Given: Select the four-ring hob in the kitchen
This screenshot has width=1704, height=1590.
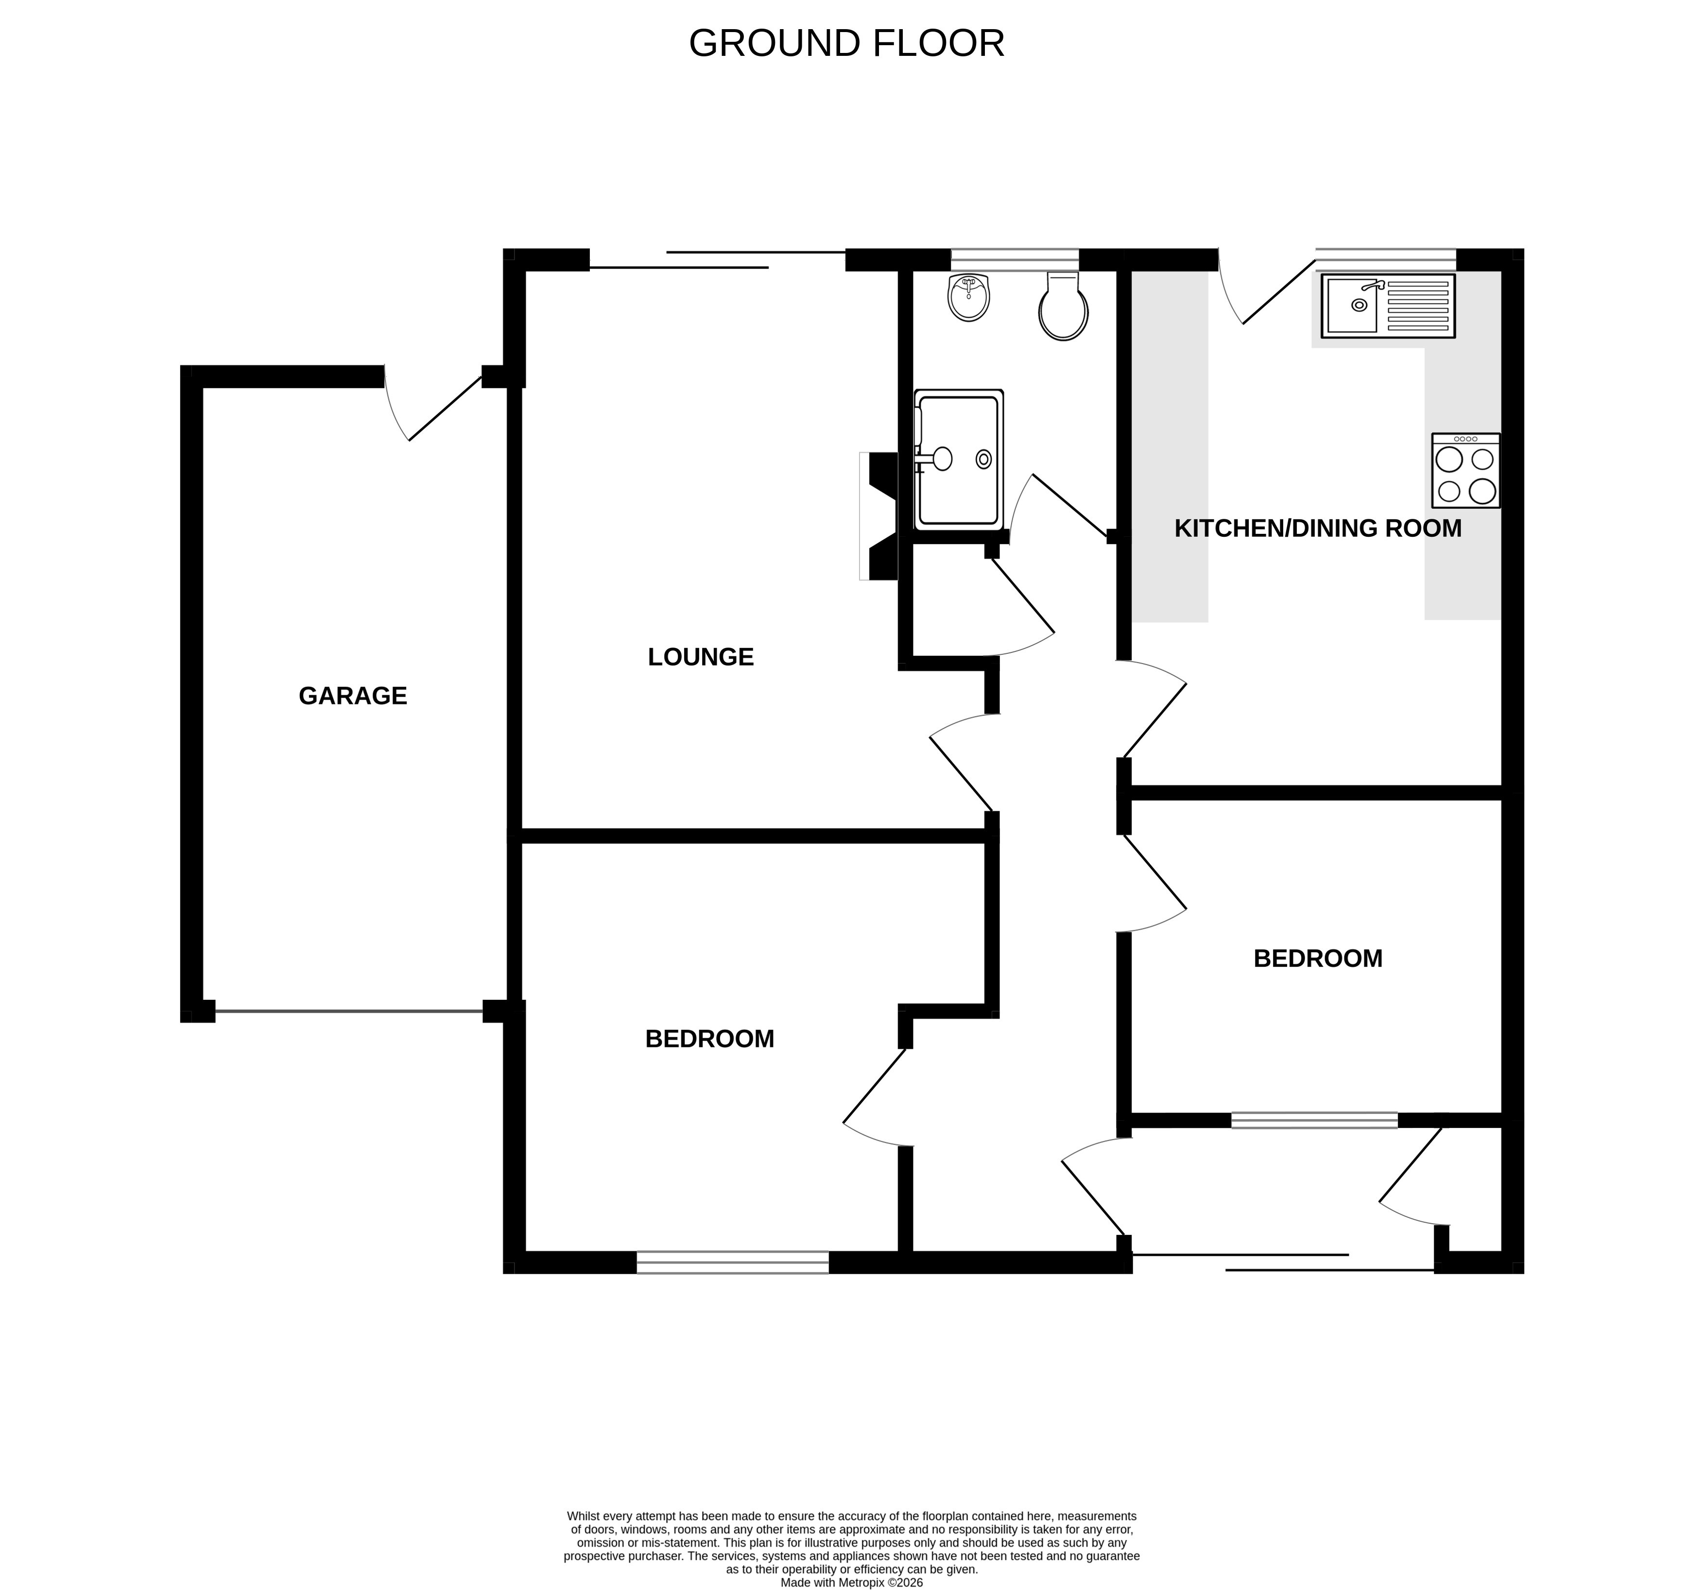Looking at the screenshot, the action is (x=1466, y=471).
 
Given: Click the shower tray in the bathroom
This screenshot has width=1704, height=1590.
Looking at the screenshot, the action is (x=958, y=460).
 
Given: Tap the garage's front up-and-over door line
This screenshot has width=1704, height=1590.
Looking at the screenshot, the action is (x=349, y=1011).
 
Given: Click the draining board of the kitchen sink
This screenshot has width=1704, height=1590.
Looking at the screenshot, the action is (x=1417, y=305).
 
